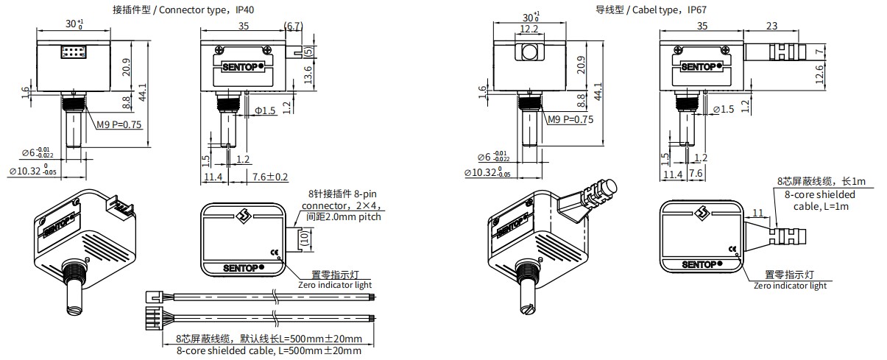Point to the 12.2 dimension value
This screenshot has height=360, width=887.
coord(529,29)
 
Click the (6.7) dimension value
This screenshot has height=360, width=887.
coord(293,26)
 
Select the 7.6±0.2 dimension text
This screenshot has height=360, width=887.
coord(270,177)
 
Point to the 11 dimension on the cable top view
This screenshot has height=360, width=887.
coord(757,213)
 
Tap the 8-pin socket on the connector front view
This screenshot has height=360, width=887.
coord(72,52)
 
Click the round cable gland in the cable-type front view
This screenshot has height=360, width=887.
coord(529,52)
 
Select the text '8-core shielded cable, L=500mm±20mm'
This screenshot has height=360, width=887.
coord(269,351)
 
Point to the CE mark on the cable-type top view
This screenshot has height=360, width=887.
coord(732,249)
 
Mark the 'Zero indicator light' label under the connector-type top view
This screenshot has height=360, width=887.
coord(335,284)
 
